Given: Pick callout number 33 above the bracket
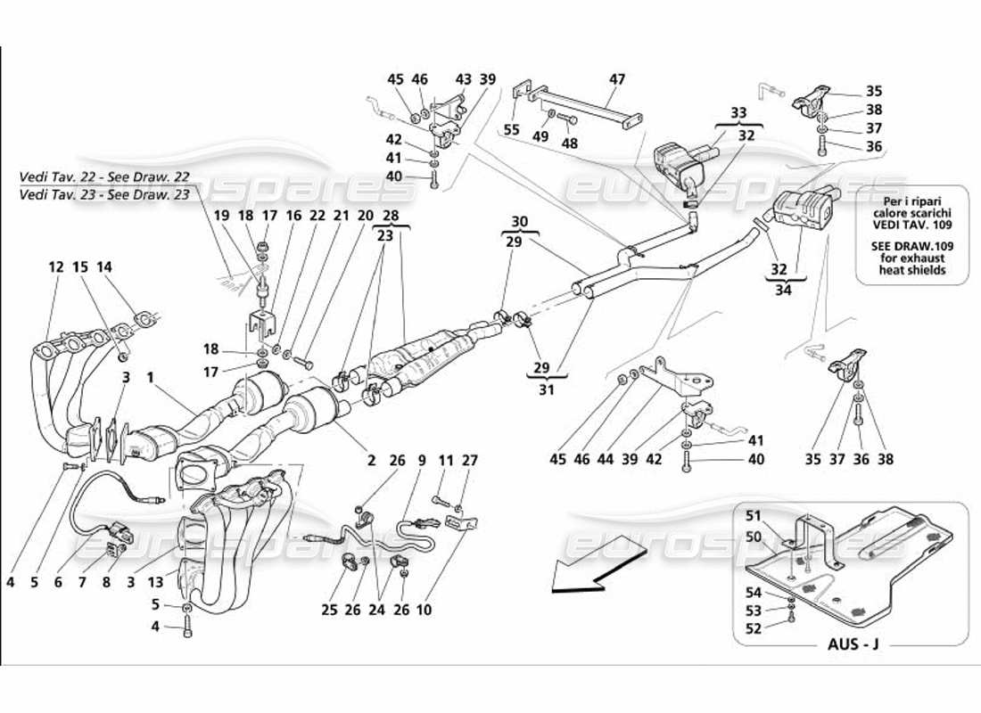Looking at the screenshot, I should point(739,114).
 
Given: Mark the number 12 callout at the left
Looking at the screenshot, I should point(56,266).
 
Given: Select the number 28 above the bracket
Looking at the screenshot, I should point(391,215).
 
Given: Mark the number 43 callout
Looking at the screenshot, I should point(463,79).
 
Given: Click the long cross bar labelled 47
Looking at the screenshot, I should point(589,106).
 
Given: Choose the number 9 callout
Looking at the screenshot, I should point(421,461).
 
